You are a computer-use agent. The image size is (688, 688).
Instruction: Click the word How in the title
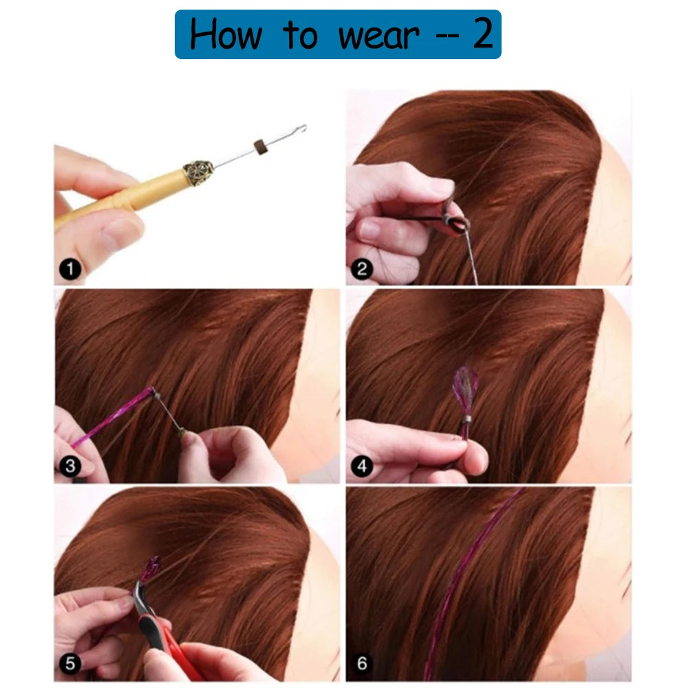[x=226, y=34]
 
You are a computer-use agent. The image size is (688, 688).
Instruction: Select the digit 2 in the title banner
[x=482, y=34]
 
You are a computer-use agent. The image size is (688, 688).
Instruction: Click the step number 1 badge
[x=69, y=268]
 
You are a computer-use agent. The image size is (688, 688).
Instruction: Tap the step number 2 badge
[x=362, y=268]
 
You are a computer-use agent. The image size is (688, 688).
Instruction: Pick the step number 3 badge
[x=69, y=466]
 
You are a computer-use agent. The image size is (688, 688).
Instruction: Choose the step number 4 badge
[x=362, y=466]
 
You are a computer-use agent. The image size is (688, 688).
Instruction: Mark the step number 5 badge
[x=69, y=663]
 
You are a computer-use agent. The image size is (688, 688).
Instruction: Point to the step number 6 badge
[x=362, y=663]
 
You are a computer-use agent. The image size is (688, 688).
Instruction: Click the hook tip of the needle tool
[x=302, y=128]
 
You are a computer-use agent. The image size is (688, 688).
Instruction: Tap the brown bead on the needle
[x=261, y=146]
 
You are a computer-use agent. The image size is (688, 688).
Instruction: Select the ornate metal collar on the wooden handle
[x=198, y=173]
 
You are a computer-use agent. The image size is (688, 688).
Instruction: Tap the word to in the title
[x=300, y=36]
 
